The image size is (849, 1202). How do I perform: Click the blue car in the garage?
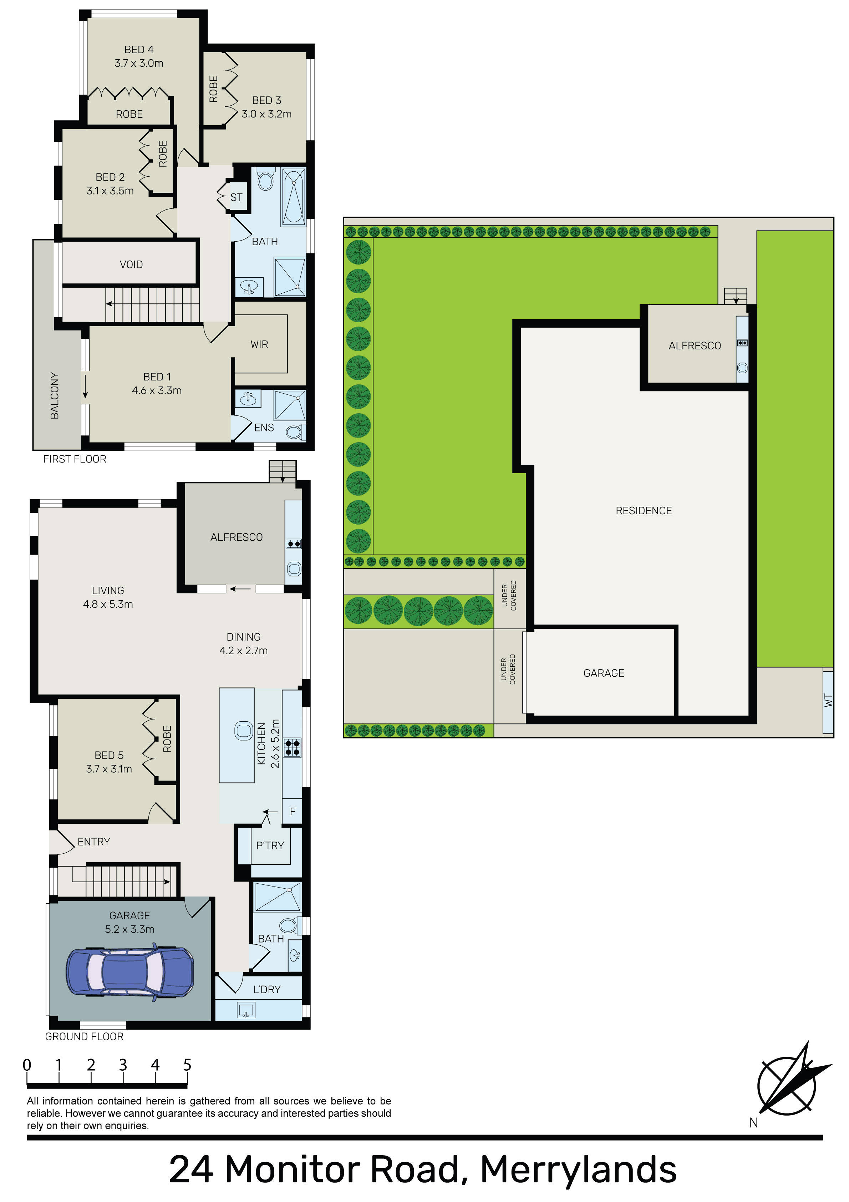130,972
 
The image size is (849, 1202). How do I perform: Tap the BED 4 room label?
139,50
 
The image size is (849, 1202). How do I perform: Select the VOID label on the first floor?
131,264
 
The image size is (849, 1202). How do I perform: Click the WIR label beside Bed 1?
259,344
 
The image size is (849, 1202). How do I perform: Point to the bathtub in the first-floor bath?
294,197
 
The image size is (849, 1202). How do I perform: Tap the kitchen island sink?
243,730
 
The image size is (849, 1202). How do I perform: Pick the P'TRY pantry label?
270,845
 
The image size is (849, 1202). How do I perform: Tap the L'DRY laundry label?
267,989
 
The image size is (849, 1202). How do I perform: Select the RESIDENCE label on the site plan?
644,510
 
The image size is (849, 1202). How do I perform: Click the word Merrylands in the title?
578,1170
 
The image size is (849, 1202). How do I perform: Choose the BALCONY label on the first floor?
55,395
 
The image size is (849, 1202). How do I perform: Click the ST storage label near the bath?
237,197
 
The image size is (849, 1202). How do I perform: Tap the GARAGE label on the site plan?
604,673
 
